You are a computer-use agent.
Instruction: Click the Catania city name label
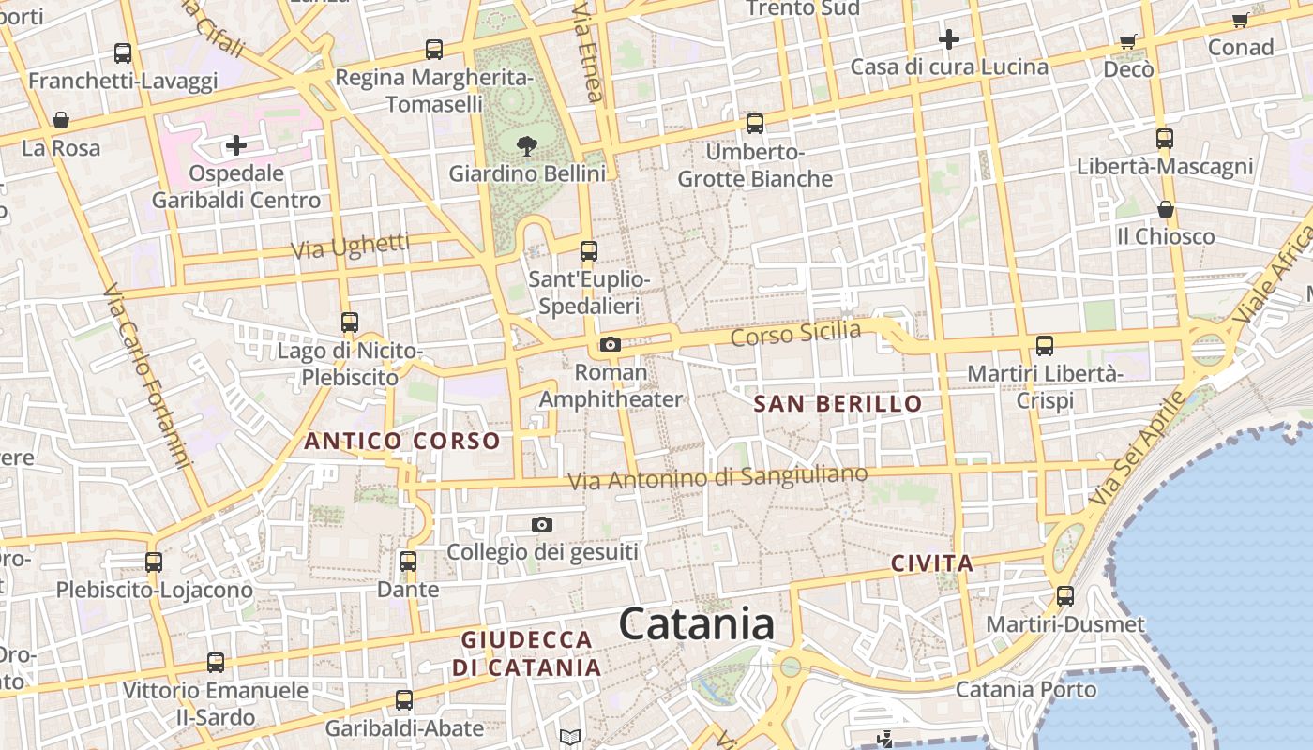(697, 624)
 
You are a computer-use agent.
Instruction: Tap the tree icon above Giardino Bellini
(526, 144)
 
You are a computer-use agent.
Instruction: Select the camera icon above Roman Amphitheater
(611, 345)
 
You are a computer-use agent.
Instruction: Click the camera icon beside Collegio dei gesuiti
(542, 524)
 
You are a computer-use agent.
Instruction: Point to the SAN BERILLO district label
(838, 404)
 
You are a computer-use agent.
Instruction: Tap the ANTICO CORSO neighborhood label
(402, 441)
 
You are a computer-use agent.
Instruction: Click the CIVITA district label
(932, 563)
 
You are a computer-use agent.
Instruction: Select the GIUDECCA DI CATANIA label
(527, 653)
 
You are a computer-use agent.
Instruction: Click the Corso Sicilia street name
(795, 335)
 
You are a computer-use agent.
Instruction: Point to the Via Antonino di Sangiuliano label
(718, 478)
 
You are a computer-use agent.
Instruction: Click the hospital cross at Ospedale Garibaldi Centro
(236, 145)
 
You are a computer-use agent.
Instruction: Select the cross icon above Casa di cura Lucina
(949, 39)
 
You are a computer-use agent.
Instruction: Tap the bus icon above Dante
(408, 562)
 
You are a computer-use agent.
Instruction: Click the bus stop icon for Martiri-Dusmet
(1064, 595)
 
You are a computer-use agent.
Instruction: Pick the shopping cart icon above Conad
(1240, 21)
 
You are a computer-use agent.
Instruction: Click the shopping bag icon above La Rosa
(61, 120)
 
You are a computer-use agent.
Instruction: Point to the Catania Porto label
(1026, 690)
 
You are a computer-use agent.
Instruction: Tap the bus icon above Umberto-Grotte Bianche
(755, 124)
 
